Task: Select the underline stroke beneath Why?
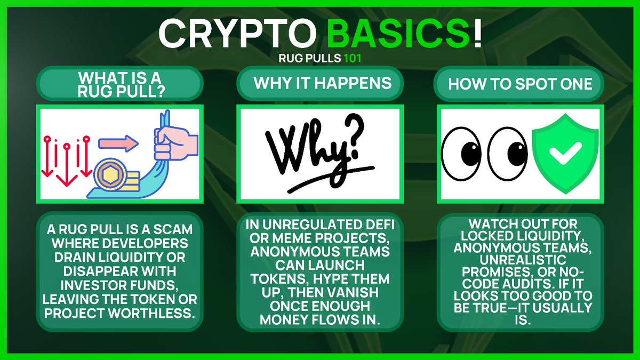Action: pos(320,184)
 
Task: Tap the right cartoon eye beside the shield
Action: pos(506,154)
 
